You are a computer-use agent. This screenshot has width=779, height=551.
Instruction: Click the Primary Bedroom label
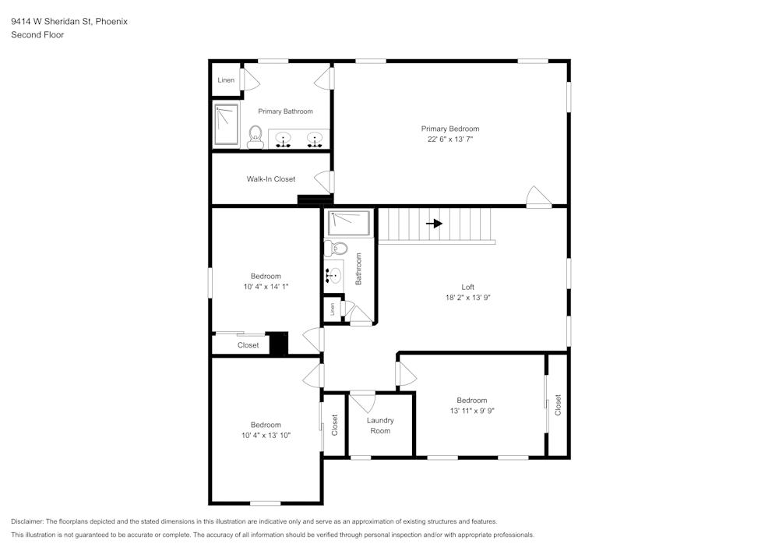(x=449, y=129)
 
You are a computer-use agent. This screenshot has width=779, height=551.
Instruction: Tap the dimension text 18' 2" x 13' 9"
(x=467, y=297)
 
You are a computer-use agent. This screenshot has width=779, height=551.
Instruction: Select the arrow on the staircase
(x=435, y=224)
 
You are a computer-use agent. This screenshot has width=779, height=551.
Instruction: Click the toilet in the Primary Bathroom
(x=255, y=137)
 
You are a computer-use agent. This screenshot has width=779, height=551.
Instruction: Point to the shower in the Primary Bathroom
(x=226, y=125)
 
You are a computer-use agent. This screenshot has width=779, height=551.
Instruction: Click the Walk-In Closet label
(x=271, y=179)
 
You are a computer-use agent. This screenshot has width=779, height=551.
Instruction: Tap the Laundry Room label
(x=380, y=426)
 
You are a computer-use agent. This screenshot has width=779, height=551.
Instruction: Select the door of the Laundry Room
(x=361, y=401)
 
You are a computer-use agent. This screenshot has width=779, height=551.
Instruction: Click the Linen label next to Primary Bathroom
(x=226, y=80)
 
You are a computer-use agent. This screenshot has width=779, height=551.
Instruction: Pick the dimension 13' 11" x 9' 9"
(x=472, y=411)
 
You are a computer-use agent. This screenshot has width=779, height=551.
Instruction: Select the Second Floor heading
(x=37, y=35)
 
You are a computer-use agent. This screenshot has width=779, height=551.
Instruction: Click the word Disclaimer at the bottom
(x=27, y=521)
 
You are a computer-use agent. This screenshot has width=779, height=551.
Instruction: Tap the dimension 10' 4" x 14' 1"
(x=266, y=286)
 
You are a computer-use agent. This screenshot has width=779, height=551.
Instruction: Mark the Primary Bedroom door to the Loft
(x=538, y=196)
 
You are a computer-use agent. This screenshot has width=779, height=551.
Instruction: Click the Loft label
(x=467, y=287)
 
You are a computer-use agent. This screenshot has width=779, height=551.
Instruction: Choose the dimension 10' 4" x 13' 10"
(x=266, y=435)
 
